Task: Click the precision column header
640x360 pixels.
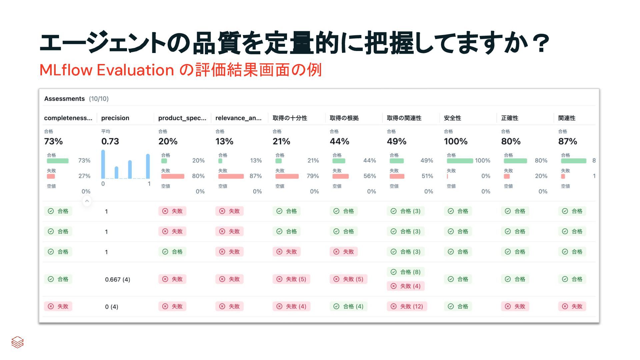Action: click(115, 118)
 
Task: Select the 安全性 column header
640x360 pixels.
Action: click(452, 118)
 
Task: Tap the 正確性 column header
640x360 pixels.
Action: click(509, 118)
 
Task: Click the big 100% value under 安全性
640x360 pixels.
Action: click(455, 141)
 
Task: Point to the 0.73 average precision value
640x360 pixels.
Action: click(110, 141)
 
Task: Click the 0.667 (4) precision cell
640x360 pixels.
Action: click(117, 279)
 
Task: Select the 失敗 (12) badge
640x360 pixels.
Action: click(407, 306)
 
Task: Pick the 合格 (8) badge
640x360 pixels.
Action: click(406, 272)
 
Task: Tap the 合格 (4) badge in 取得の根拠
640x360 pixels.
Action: click(349, 306)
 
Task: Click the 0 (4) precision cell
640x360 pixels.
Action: click(111, 307)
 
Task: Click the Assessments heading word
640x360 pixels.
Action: click(64, 99)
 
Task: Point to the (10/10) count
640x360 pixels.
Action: click(99, 99)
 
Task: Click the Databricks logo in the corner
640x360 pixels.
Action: click(17, 342)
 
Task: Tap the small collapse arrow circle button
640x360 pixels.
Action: click(87, 201)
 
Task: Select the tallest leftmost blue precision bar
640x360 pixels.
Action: click(103, 164)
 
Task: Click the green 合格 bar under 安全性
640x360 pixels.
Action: click(460, 161)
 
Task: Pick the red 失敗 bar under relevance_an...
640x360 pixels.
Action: click(231, 176)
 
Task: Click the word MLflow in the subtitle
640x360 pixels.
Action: click(66, 70)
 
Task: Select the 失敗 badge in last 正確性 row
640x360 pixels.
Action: click(515, 306)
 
